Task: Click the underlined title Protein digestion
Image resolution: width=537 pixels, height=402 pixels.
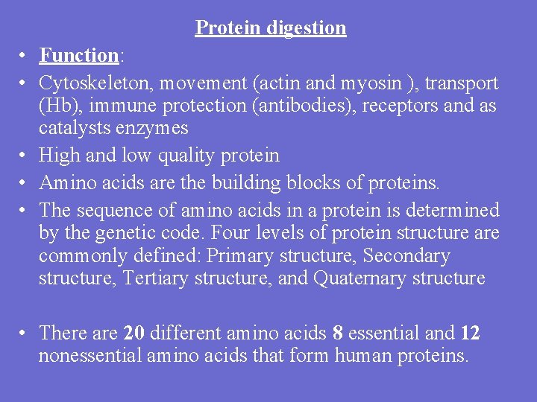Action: (x=271, y=28)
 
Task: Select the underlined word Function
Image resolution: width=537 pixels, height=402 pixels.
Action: (x=79, y=55)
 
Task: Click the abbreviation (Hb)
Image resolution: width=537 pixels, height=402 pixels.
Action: (x=59, y=106)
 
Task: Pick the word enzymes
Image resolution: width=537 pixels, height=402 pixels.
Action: (x=159, y=128)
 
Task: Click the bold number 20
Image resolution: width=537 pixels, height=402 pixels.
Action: (x=135, y=333)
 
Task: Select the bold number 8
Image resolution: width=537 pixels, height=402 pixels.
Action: (x=338, y=333)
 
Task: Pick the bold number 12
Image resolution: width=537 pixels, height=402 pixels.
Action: (x=470, y=333)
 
